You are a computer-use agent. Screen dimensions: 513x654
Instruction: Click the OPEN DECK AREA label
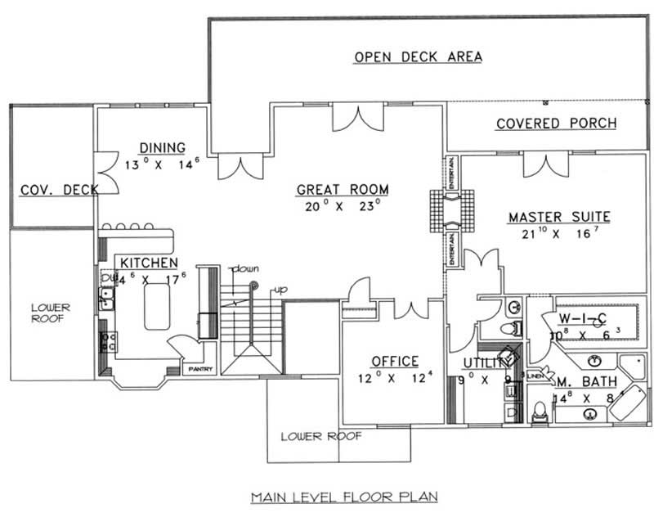417,56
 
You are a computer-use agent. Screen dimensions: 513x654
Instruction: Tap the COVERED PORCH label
557,124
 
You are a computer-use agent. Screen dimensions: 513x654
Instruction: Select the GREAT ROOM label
342,190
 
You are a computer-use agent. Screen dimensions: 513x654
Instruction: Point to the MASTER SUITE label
559,217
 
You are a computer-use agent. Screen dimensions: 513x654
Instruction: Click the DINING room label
162,147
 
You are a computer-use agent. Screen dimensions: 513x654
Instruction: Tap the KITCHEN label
149,263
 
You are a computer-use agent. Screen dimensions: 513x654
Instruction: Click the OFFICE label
395,361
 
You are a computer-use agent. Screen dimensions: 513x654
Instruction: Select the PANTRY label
200,369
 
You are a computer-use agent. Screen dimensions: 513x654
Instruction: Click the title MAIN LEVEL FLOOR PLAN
343,496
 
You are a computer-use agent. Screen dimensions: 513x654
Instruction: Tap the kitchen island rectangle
155,306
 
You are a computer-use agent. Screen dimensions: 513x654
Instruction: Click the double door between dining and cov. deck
104,173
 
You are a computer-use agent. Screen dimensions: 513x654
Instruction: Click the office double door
411,310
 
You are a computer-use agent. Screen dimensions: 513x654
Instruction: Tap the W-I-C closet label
581,318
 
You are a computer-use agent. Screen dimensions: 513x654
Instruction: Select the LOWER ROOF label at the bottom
320,436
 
